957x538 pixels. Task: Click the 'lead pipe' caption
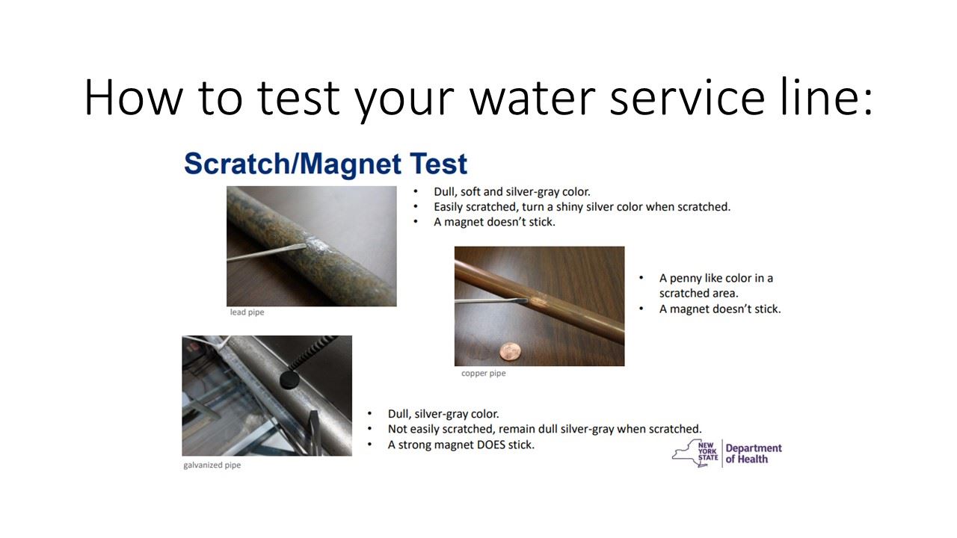point(247,312)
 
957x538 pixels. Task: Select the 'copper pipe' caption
point(483,373)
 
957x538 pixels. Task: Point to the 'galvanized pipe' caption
point(212,465)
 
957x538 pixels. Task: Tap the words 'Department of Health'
point(753,453)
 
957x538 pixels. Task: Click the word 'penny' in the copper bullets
point(695,278)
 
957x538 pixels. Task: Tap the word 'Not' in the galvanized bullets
point(397,429)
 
